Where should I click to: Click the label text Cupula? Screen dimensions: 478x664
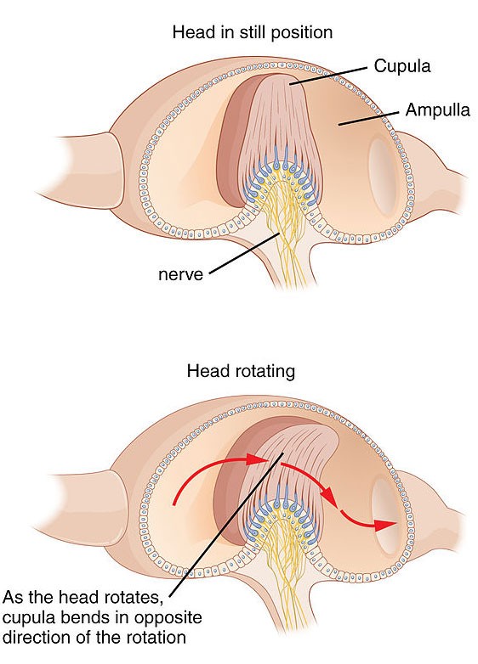pyautogui.click(x=401, y=66)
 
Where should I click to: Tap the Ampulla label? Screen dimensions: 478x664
pyautogui.click(x=438, y=110)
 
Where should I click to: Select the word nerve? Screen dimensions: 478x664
pyautogui.click(x=180, y=275)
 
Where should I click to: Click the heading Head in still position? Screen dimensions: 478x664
pyautogui.click(x=253, y=32)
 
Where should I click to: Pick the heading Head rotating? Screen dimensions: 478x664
pyautogui.click(x=241, y=371)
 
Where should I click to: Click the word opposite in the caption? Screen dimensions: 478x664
pyautogui.click(x=168, y=618)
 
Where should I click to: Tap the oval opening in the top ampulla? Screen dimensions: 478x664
pyautogui.click(x=383, y=172)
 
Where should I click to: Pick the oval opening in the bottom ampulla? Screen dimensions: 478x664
pyautogui.click(x=387, y=517)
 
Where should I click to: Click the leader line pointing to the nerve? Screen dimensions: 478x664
pyautogui.click(x=245, y=253)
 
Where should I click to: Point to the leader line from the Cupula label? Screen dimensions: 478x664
pyautogui.click(x=327, y=76)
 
